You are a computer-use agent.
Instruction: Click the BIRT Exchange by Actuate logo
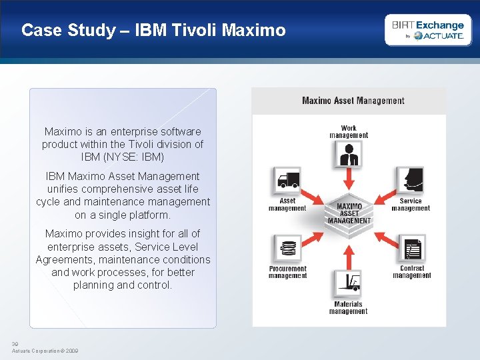428,30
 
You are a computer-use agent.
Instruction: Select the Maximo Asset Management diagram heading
353,101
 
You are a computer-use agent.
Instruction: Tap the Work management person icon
348,155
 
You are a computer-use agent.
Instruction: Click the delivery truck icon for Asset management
287,181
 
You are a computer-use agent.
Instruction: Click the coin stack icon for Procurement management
287,249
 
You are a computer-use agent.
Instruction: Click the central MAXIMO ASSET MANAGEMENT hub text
349,213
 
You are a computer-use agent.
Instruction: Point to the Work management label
349,131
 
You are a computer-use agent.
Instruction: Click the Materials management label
348,308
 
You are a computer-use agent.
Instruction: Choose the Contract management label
412,272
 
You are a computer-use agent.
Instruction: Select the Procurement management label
287,272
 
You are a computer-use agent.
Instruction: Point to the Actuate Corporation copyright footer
45,351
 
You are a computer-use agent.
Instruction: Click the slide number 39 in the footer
15,344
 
